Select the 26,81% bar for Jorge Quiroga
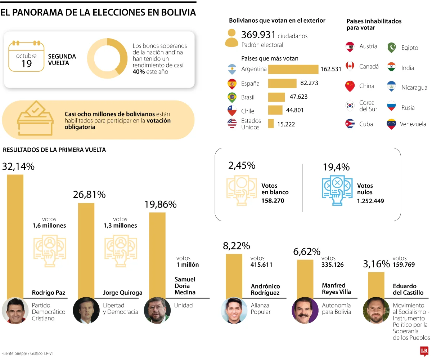(x=86, y=249)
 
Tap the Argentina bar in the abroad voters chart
(x=293, y=69)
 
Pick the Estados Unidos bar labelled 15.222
(x=271, y=124)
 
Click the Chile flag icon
(x=232, y=111)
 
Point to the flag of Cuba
(x=350, y=124)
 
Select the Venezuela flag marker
(x=391, y=124)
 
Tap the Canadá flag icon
(x=350, y=66)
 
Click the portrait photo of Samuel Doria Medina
(x=157, y=310)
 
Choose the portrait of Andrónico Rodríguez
(x=234, y=310)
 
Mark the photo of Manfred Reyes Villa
(x=305, y=310)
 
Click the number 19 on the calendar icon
(x=27, y=64)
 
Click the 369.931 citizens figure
(x=258, y=35)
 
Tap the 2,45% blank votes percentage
(x=242, y=165)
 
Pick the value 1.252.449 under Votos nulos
(x=370, y=201)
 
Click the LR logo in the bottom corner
(x=424, y=350)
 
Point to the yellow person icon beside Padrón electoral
(x=232, y=38)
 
